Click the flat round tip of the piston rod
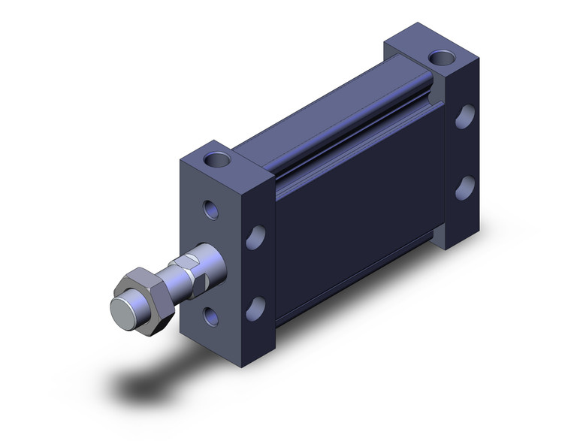122,311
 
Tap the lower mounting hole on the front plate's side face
258,306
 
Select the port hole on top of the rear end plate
438,57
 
